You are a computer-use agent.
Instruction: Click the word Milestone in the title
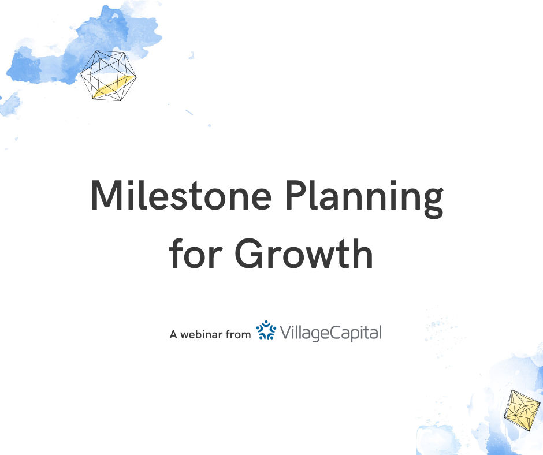(x=181, y=195)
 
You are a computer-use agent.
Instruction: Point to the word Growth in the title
(x=304, y=253)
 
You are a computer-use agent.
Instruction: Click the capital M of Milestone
(x=107, y=195)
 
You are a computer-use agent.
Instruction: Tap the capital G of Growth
(x=250, y=253)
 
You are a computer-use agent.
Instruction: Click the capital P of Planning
(x=296, y=195)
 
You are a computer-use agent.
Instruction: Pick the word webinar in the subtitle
(x=201, y=334)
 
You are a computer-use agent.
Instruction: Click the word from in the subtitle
(x=238, y=334)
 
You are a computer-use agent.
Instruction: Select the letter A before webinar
(x=173, y=334)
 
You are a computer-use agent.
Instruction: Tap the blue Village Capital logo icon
(x=266, y=330)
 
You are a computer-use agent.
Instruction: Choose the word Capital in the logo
(x=355, y=333)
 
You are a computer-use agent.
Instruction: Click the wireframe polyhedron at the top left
(x=109, y=76)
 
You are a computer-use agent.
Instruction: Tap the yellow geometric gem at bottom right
(x=522, y=411)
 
